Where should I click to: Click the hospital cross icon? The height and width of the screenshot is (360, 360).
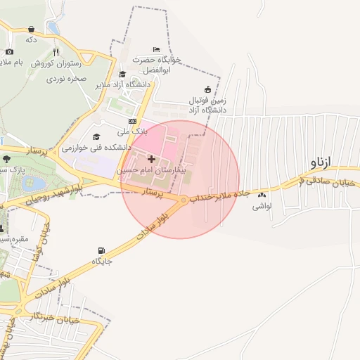coord(151,160)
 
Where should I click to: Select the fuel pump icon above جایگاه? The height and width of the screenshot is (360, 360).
coord(103,251)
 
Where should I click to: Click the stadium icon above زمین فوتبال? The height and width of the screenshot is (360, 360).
coord(207,89)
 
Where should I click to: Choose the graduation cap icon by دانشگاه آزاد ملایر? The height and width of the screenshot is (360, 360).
coord(122,75)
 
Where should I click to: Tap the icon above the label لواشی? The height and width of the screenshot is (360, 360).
coord(262,195)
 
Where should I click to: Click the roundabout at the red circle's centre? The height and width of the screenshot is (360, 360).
coord(183,201)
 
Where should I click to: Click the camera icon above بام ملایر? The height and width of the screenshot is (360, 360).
coord(9,52)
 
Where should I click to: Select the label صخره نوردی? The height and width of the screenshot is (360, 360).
coord(66,79)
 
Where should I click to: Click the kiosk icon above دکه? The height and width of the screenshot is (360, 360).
coord(31,29)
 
